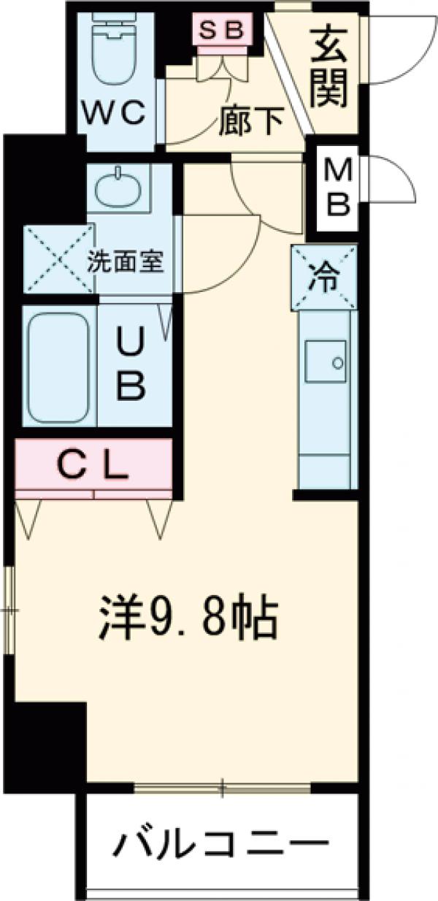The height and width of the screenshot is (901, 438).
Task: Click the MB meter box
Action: point(337,188)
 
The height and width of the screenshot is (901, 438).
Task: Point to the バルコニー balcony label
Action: point(220,848)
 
